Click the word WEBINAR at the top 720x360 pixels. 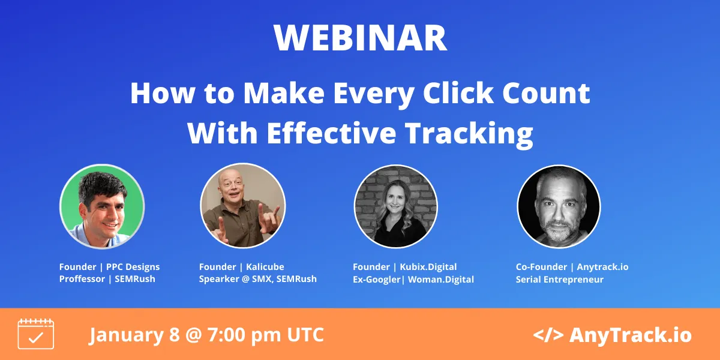(360, 38)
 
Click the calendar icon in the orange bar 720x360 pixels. (36, 334)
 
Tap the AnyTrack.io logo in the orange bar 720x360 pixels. (612, 335)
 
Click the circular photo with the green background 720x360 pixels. (101, 206)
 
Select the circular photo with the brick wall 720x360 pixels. (395, 206)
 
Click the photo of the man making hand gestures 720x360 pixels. (242, 206)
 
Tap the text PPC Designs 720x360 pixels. (133, 266)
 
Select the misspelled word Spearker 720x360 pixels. (221, 279)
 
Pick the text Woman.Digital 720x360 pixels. (441, 279)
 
